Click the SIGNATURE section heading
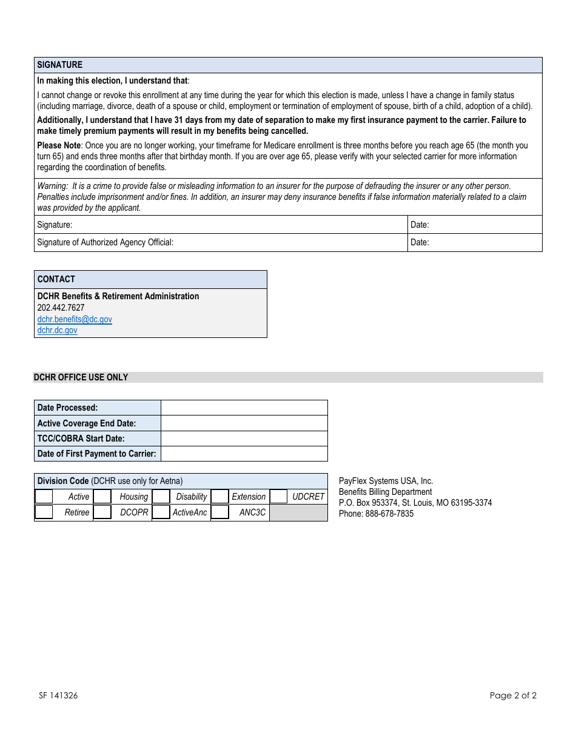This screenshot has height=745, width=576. (60, 65)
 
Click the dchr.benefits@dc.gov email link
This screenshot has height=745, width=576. (75, 319)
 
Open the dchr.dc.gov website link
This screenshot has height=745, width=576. (58, 330)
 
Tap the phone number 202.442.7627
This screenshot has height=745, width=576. (61, 308)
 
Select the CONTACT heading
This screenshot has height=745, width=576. (56, 279)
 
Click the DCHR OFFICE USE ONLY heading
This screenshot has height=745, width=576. (81, 377)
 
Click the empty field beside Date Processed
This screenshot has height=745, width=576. (244, 408)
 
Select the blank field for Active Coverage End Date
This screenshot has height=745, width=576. (244, 423)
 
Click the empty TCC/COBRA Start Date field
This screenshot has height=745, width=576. (244, 439)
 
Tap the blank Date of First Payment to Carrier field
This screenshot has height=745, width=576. (244, 454)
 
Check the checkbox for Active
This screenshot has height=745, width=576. (44, 497)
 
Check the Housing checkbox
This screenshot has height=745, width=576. (102, 497)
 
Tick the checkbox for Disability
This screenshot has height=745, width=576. (161, 497)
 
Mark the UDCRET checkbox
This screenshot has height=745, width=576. (278, 497)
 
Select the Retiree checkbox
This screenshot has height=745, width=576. (44, 512)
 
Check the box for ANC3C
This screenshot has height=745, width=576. (220, 512)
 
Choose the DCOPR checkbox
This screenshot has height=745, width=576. (102, 512)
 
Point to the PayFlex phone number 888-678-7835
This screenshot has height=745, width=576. (389, 514)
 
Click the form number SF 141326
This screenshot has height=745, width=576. (58, 695)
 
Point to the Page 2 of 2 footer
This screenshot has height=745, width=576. (513, 695)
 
